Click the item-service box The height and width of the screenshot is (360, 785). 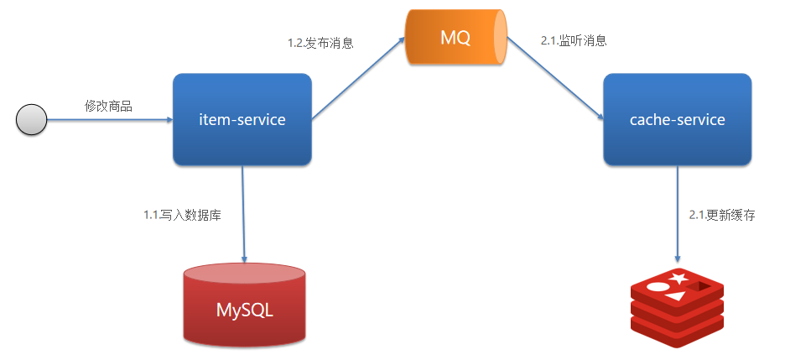[x=242, y=119]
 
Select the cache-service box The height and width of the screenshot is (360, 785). [x=677, y=119]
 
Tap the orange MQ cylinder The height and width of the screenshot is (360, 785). [x=457, y=38]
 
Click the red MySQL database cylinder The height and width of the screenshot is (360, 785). [x=244, y=306]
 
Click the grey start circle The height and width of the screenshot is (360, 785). [x=31, y=120]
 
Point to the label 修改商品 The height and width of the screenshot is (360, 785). [x=108, y=107]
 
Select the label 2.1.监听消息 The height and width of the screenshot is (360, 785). [x=574, y=40]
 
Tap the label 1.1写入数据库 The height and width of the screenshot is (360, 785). [x=182, y=215]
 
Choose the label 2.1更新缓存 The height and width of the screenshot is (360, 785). [x=721, y=215]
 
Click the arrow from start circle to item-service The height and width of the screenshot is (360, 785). [x=109, y=120]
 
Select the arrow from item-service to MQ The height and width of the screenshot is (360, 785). [x=359, y=81]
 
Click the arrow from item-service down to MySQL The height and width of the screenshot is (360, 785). [x=244, y=214]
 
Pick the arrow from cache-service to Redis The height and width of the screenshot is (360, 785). [x=677, y=214]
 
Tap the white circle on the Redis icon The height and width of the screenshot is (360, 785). [x=658, y=286]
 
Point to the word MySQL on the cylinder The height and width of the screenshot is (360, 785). [x=244, y=310]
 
